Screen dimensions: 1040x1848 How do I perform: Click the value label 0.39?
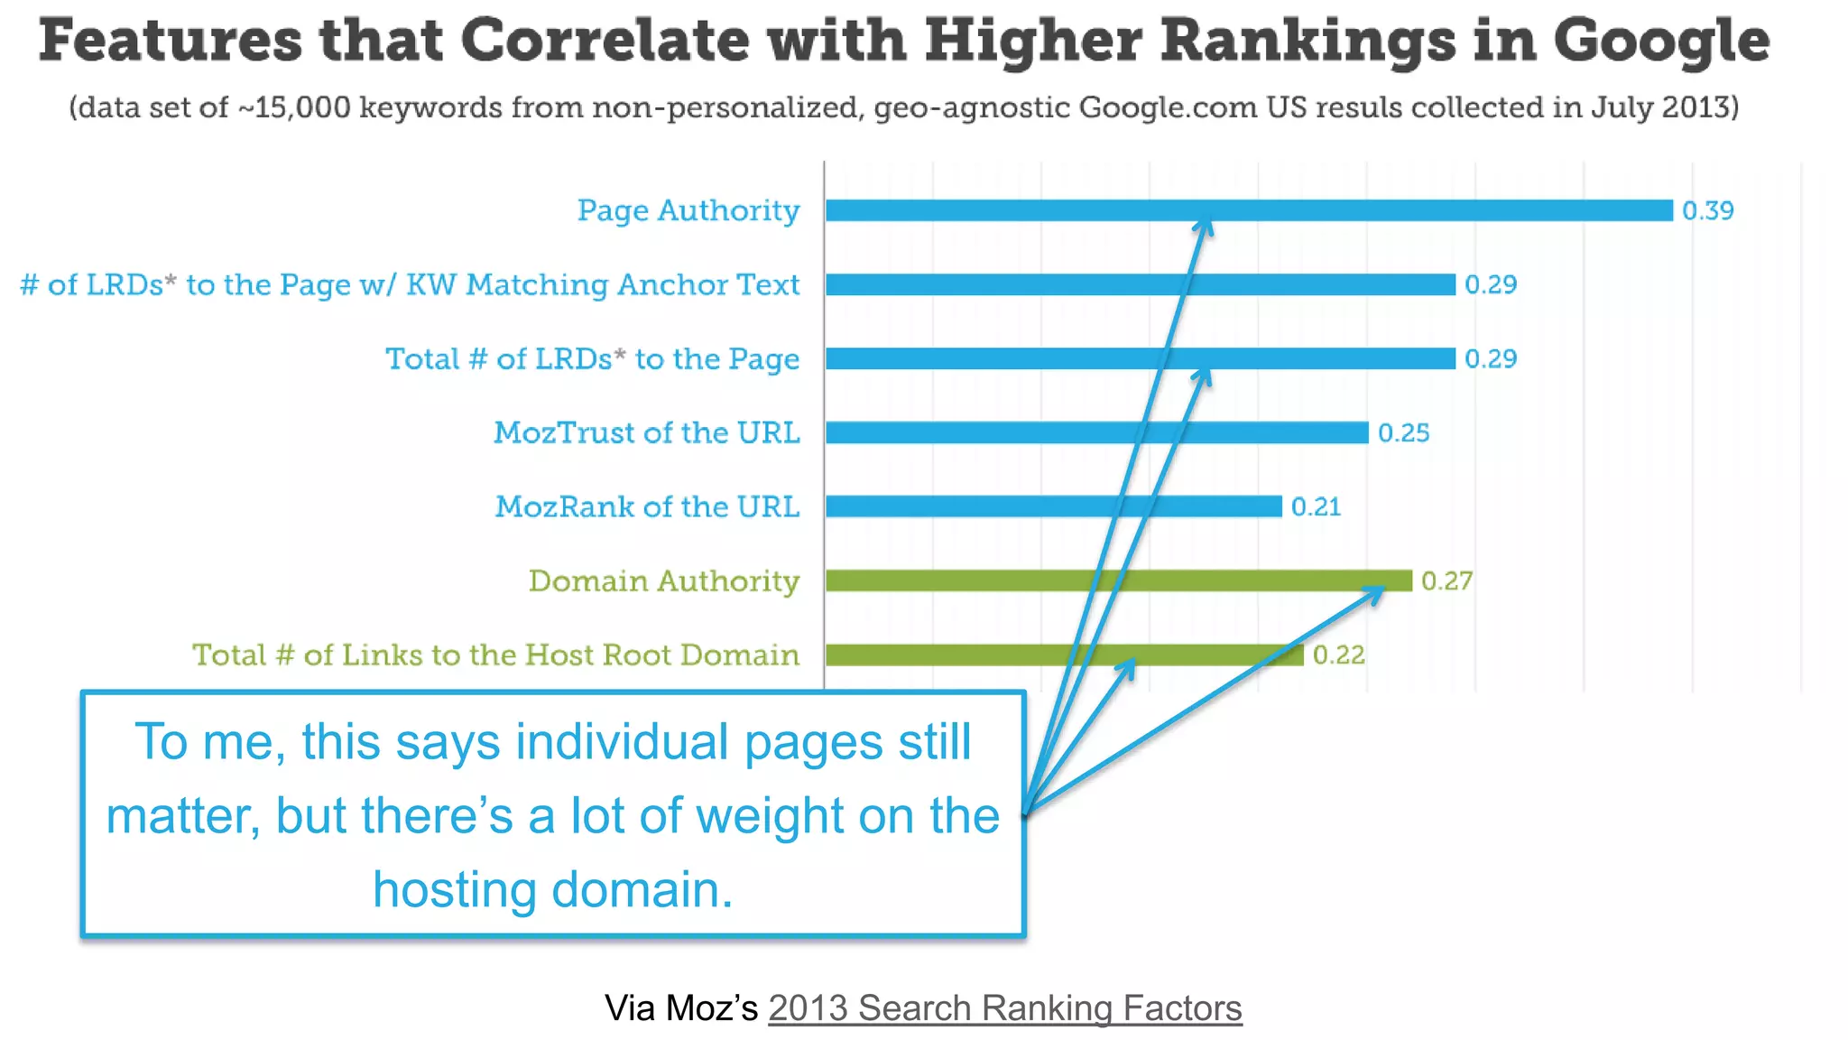[1707, 210]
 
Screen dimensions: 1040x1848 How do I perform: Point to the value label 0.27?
[1446, 580]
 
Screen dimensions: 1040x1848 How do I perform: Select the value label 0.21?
[1316, 506]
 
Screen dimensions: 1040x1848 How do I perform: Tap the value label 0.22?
[1338, 655]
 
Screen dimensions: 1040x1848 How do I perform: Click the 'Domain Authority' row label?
[664, 580]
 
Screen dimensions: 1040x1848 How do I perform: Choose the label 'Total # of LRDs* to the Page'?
[593, 358]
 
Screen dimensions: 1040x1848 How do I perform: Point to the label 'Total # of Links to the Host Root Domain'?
[495, 655]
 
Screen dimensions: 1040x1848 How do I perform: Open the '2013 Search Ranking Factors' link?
[1004, 1007]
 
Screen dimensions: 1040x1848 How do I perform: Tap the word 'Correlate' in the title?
[605, 41]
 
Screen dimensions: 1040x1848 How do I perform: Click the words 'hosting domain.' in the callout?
[552, 889]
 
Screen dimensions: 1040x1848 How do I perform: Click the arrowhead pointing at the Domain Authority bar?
[1375, 592]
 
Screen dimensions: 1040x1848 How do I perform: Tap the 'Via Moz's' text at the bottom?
[681, 1007]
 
